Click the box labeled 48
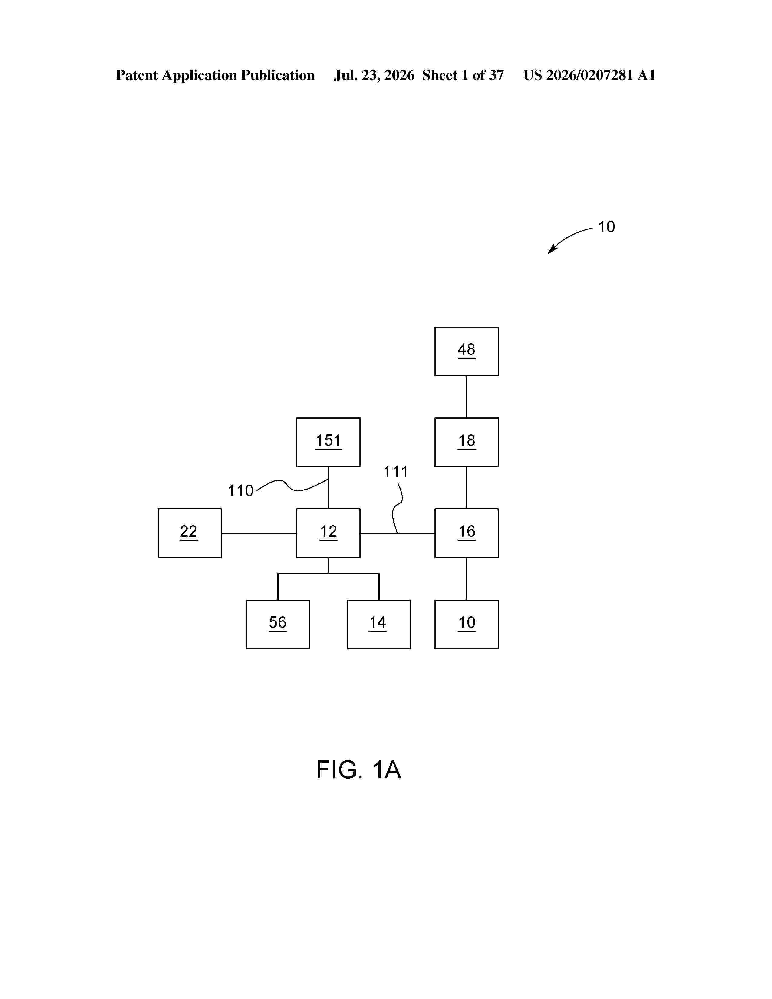click(x=467, y=351)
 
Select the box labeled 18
click(x=467, y=442)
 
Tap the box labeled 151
click(x=328, y=442)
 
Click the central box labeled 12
click(x=328, y=533)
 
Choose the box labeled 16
click(x=467, y=533)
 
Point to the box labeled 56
click(x=278, y=624)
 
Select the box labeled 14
click(x=379, y=624)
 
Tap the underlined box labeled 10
click(x=467, y=624)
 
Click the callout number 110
click(x=241, y=491)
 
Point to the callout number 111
click(x=396, y=472)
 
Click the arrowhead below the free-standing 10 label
click(x=552, y=250)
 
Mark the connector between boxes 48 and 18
click(x=467, y=397)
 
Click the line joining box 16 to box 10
click(x=467, y=579)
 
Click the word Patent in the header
click(x=137, y=75)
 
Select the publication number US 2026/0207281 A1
click(x=589, y=75)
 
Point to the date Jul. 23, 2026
click(x=374, y=75)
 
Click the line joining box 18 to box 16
click(x=467, y=488)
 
